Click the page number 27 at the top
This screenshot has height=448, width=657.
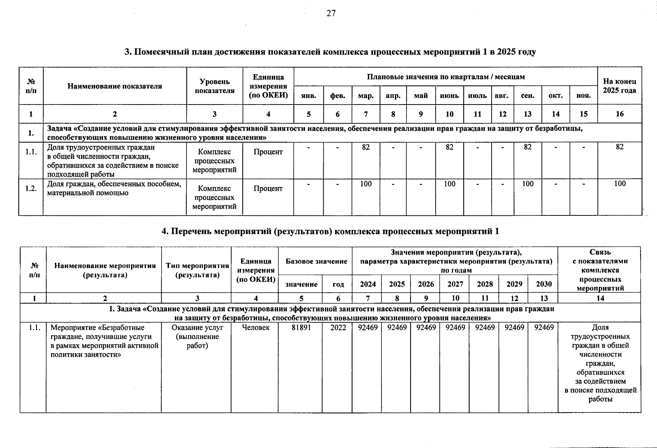[331, 13]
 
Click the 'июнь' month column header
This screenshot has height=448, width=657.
[449, 96]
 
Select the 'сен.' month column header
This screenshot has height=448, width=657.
[527, 96]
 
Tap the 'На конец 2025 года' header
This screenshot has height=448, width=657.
[619, 86]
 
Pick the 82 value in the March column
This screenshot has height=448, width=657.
[366, 147]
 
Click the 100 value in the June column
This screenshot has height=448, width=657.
[449, 184]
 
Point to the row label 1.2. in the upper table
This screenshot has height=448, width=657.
[31, 188]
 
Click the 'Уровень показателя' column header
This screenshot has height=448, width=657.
[214, 86]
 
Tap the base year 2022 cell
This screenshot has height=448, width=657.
[338, 327]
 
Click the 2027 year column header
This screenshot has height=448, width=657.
[455, 284]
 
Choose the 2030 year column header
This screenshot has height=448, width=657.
[544, 284]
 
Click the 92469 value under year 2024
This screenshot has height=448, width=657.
[368, 327]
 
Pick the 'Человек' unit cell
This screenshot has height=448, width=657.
[255, 327]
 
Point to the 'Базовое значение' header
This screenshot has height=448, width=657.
[316, 261]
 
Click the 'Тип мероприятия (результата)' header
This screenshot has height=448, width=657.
[197, 270]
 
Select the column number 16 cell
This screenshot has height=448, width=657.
[619, 114]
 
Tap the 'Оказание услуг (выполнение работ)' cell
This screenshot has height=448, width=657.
[197, 336]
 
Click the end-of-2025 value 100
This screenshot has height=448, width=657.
[619, 184]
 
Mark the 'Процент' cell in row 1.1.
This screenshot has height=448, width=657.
[268, 152]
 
